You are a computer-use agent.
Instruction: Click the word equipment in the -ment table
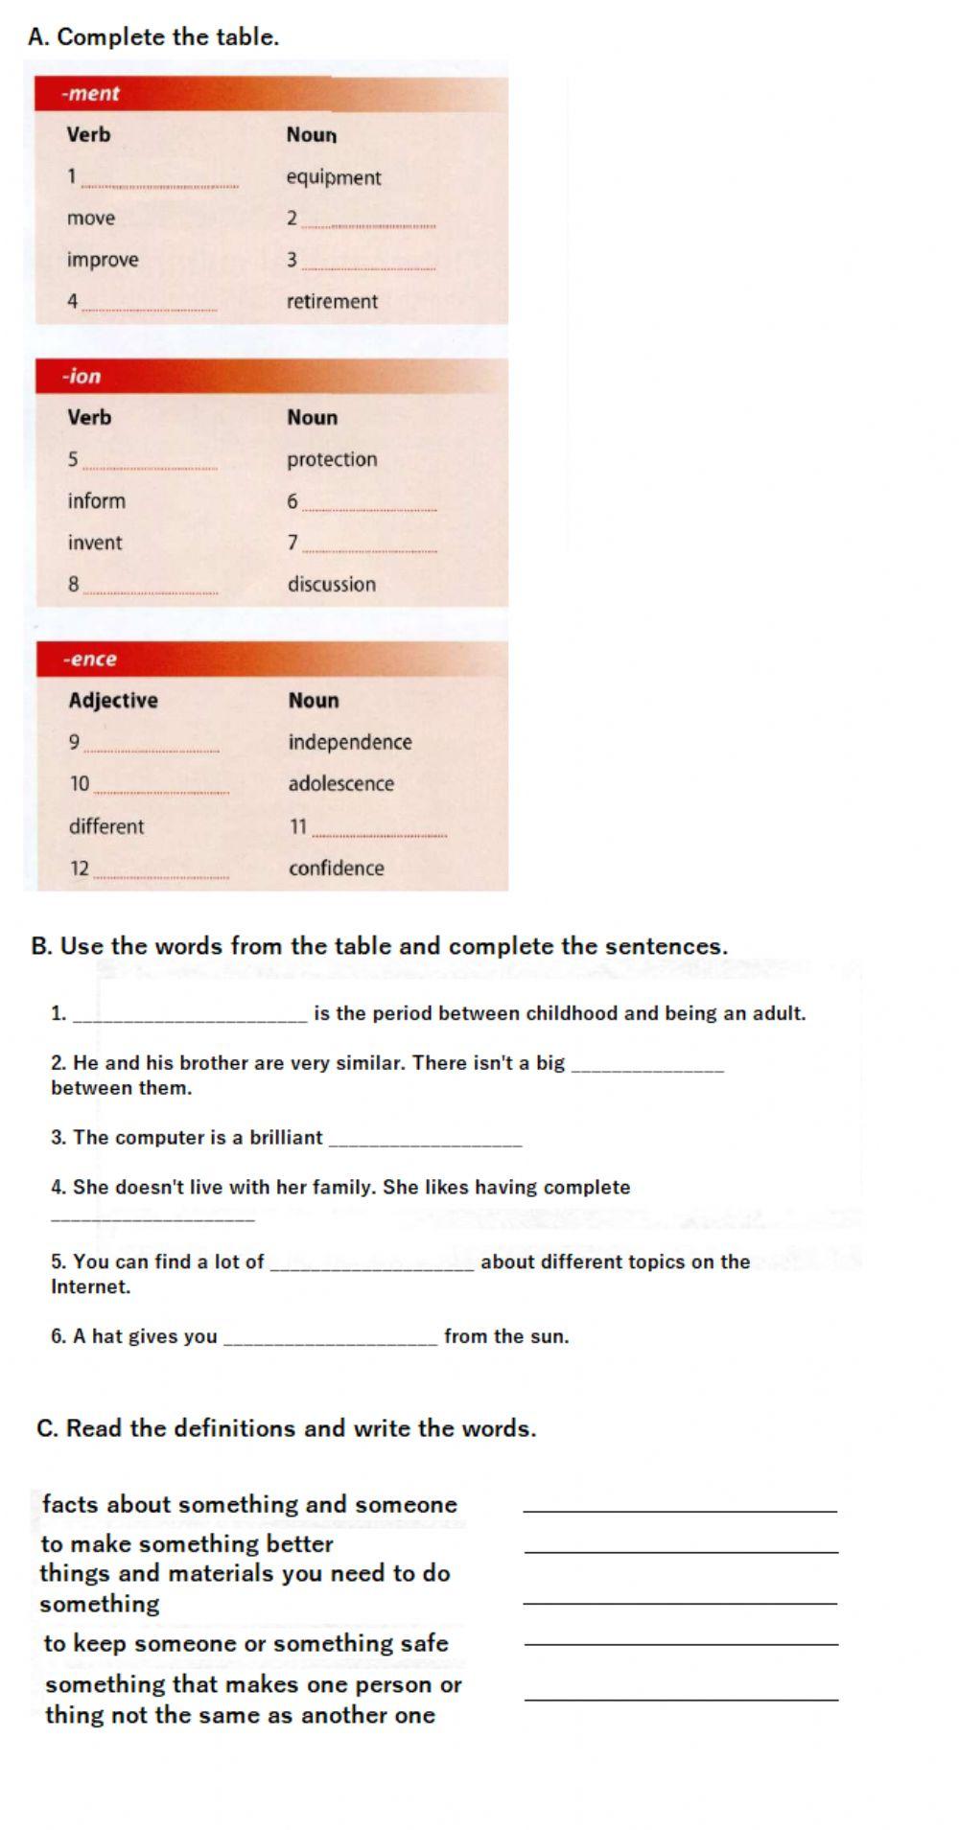333,177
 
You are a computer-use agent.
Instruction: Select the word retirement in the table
332,301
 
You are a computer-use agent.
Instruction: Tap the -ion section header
82,376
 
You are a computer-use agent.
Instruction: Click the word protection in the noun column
332,459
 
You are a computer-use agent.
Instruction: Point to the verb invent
95,543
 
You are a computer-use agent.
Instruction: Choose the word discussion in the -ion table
332,584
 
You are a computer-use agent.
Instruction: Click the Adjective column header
113,700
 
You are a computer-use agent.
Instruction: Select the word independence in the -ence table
350,742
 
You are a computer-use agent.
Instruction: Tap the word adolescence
341,783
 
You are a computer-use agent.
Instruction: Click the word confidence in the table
337,868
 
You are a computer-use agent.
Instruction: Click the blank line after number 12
161,872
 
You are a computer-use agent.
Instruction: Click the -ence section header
90,659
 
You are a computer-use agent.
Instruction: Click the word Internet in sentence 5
90,1286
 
